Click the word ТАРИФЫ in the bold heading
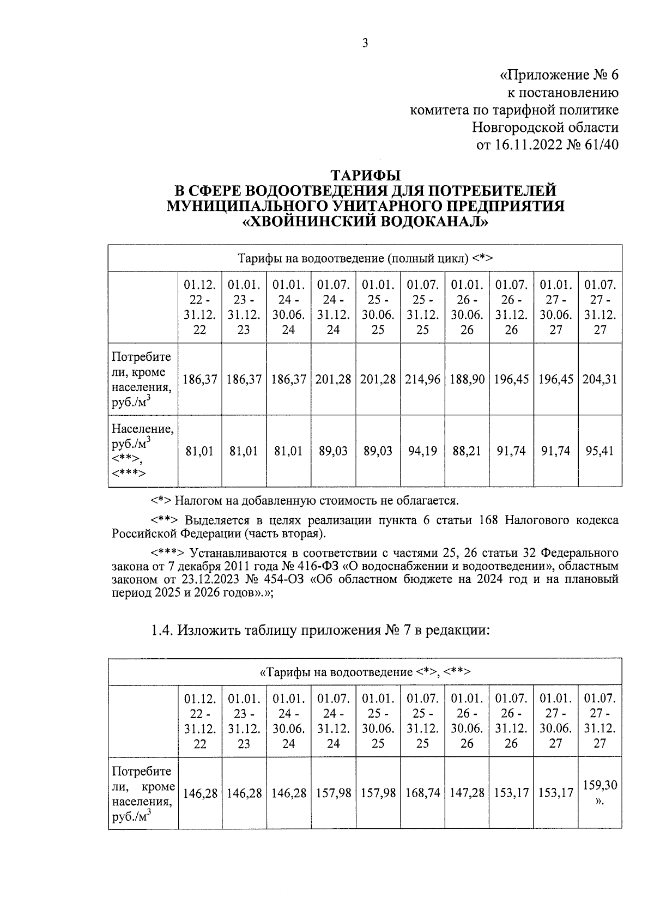click(x=366, y=175)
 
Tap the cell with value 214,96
click(x=422, y=379)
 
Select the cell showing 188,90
click(x=467, y=379)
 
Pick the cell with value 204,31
click(x=599, y=379)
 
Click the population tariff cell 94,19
click(x=422, y=451)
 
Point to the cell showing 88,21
click(x=467, y=451)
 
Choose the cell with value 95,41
click(x=599, y=451)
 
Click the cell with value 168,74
click(x=422, y=793)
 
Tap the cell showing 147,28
click(x=467, y=793)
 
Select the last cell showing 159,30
click(x=599, y=785)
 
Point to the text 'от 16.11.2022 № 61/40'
click(x=548, y=145)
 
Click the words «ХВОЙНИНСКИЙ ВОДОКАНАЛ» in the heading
click(x=365, y=222)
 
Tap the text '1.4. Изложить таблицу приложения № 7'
click(x=320, y=630)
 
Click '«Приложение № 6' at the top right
click(x=560, y=74)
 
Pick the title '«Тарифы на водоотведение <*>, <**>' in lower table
click(x=365, y=672)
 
